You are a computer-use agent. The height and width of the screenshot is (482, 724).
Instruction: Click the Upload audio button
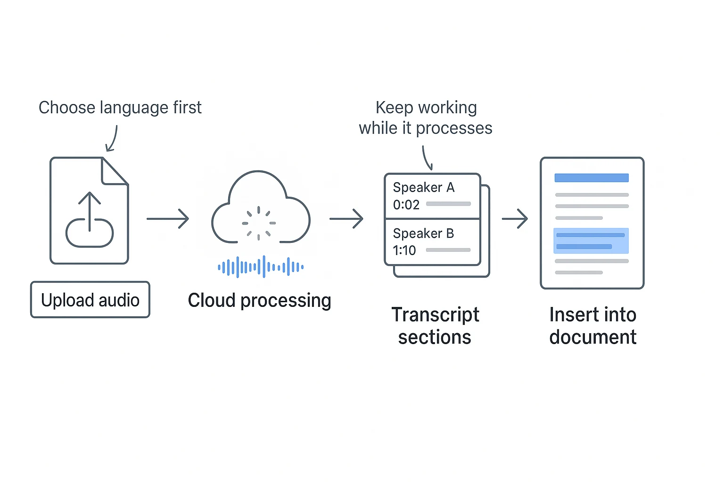(x=90, y=300)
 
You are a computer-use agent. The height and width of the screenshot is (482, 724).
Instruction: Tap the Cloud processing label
(x=259, y=300)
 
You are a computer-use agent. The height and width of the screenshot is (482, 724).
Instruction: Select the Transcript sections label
(x=435, y=326)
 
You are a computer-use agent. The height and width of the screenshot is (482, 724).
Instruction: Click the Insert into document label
(x=592, y=326)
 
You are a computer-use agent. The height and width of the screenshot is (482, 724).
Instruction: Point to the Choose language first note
(x=120, y=108)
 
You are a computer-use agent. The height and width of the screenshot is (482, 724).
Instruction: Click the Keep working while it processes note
(x=426, y=118)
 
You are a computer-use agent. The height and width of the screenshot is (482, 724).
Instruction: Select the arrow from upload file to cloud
(x=168, y=219)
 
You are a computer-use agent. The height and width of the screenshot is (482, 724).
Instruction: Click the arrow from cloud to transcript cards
(x=346, y=219)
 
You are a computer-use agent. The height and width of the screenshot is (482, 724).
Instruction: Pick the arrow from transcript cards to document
(x=515, y=219)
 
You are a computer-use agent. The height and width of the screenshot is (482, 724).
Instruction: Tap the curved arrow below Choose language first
(x=112, y=139)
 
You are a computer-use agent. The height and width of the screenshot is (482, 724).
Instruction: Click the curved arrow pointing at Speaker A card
(x=427, y=158)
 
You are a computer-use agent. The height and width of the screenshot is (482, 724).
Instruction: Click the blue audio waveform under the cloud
(x=261, y=267)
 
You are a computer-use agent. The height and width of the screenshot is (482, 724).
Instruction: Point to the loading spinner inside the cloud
(x=258, y=223)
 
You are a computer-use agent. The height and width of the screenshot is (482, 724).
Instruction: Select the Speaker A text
(x=423, y=187)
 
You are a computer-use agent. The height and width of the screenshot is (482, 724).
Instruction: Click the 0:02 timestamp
(x=406, y=205)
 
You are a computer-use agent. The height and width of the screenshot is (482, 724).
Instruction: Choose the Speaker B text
(x=423, y=233)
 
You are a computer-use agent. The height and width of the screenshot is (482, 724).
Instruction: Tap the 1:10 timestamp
(x=404, y=250)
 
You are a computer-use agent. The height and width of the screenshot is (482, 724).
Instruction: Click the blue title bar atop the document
(x=592, y=178)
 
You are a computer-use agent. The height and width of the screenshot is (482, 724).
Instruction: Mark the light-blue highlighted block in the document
(x=591, y=241)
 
